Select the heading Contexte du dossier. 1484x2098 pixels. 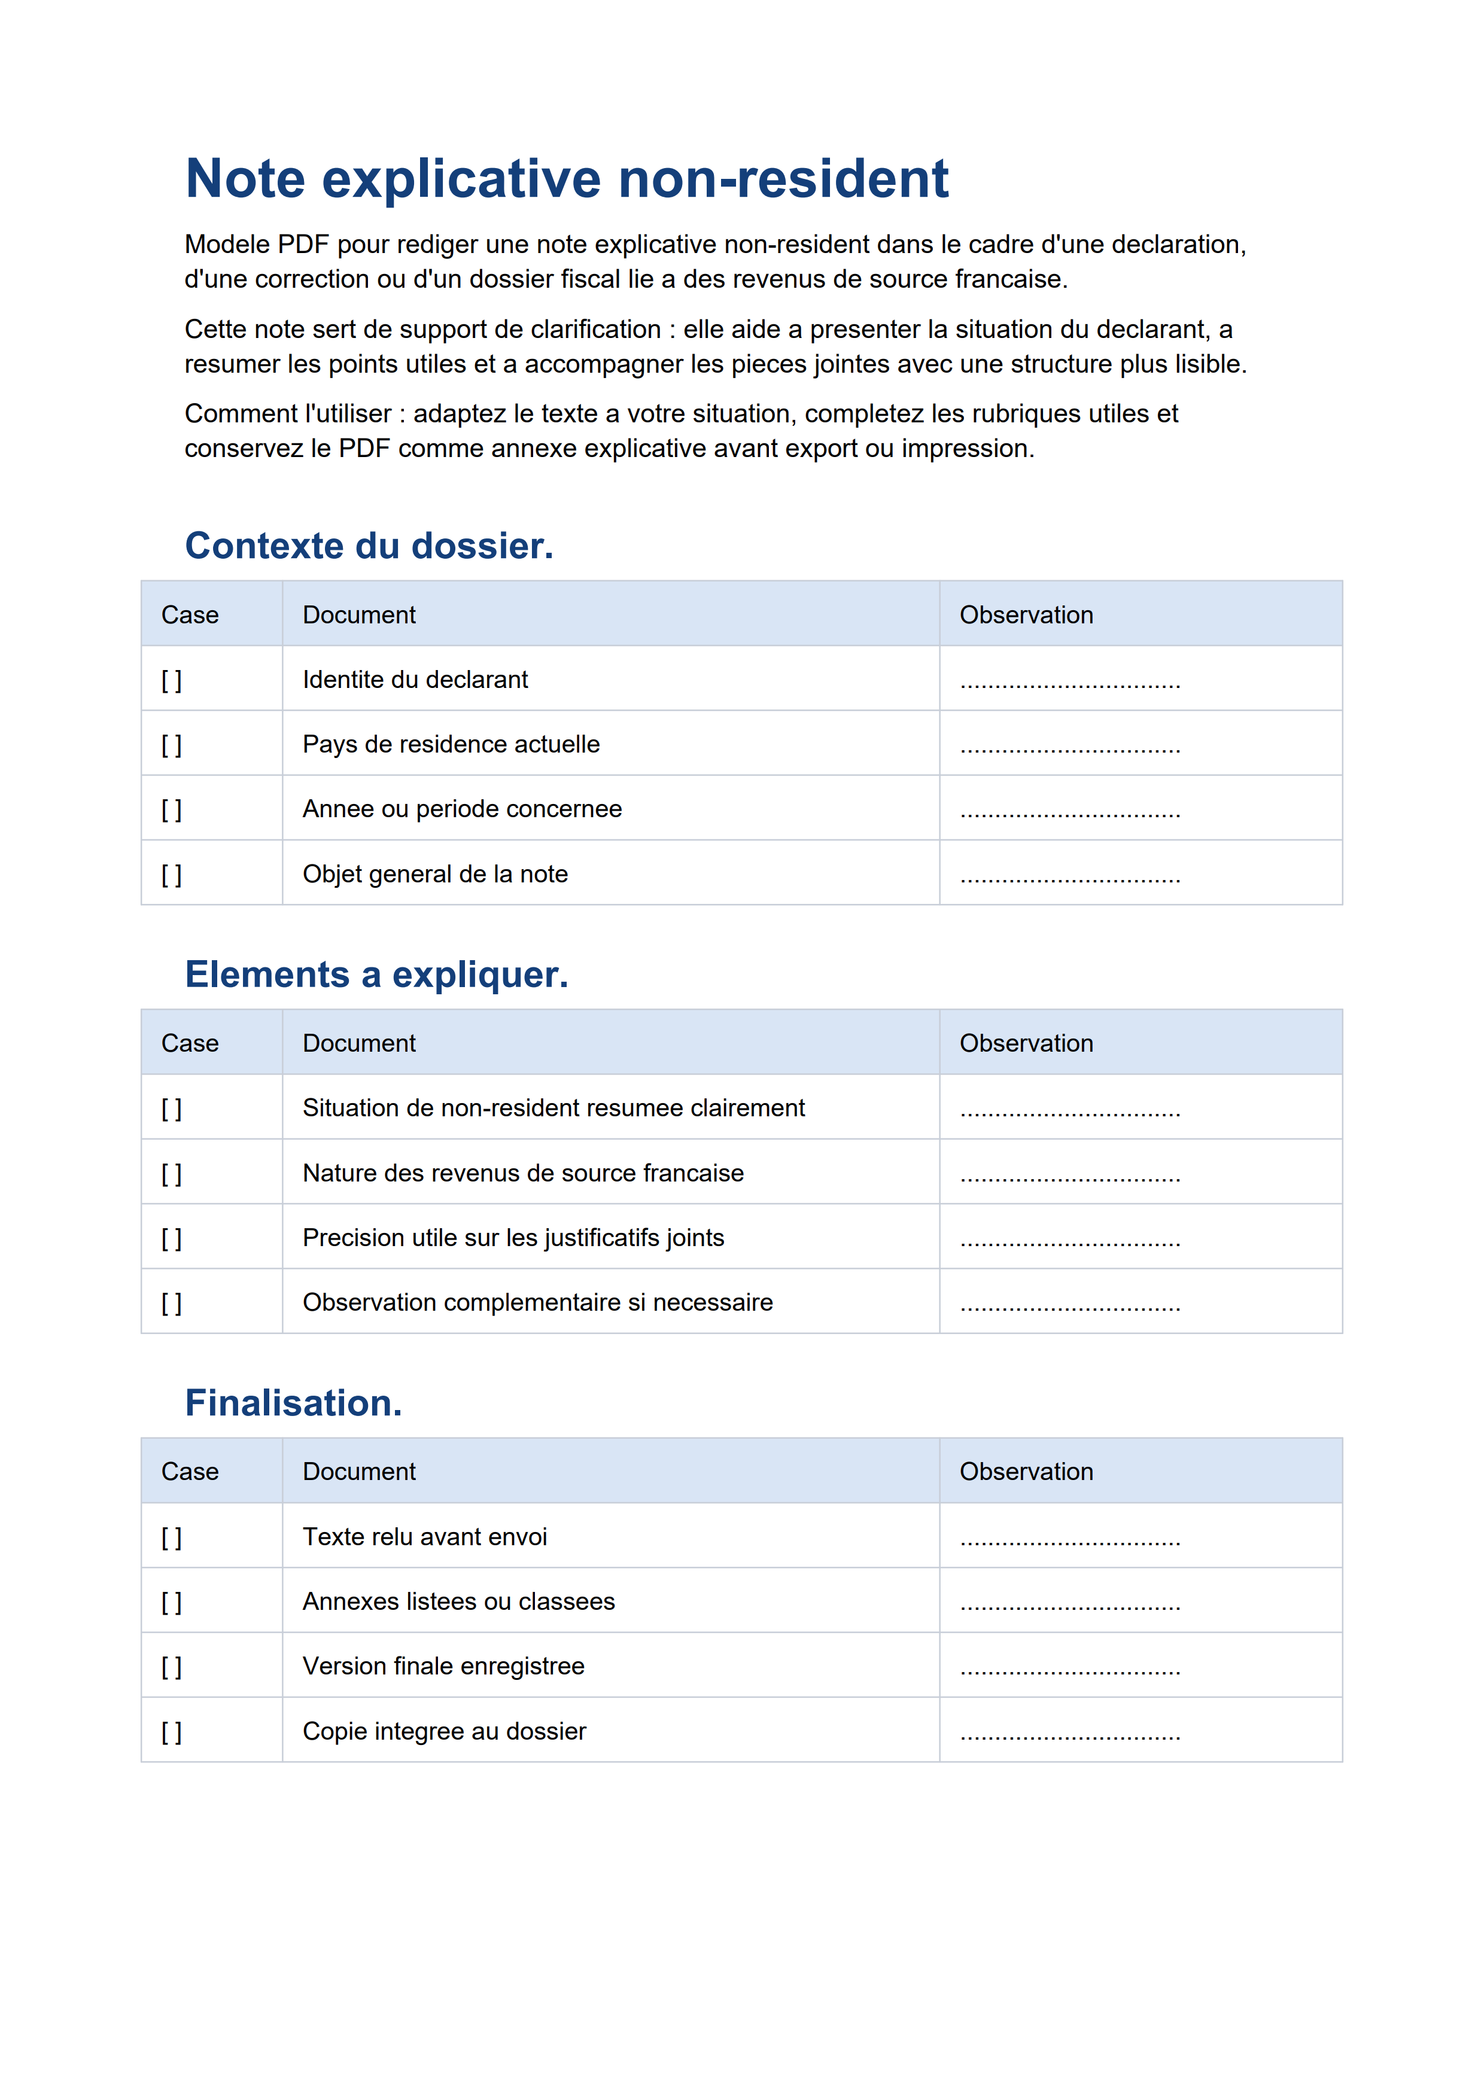click(x=369, y=546)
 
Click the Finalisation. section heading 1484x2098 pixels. click(x=293, y=1403)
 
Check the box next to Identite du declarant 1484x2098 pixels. click(x=172, y=681)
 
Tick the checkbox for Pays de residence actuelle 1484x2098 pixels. click(x=172, y=745)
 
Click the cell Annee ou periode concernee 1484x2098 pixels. click(x=461, y=809)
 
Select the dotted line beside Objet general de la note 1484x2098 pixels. click(x=1070, y=877)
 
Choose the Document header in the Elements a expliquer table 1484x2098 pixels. click(x=359, y=1043)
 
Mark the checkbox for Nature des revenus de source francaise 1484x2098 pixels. click(x=172, y=1174)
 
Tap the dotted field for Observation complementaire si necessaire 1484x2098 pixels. click(x=1070, y=1306)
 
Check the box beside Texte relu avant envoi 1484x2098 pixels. click(x=172, y=1538)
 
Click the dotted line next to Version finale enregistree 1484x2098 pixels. click(x=1070, y=1670)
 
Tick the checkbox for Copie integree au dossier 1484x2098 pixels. click(x=172, y=1732)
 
